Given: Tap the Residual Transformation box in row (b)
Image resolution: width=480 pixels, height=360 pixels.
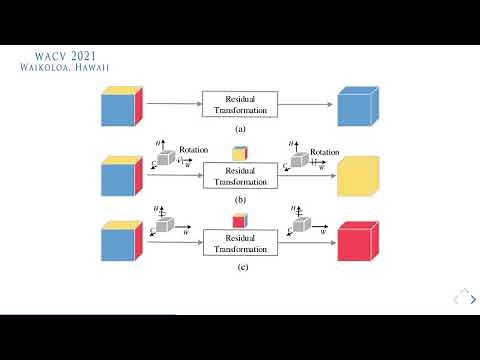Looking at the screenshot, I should tap(239, 176).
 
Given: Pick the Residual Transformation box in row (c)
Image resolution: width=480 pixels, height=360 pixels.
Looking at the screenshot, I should tap(239, 244).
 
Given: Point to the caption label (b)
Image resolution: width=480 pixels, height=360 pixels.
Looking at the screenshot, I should tap(239, 199).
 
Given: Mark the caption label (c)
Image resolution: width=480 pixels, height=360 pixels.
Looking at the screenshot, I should tap(239, 268).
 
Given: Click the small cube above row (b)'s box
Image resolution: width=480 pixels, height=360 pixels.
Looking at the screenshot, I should tap(239, 153).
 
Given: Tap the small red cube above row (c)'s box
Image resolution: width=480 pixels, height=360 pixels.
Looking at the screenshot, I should tap(239, 221).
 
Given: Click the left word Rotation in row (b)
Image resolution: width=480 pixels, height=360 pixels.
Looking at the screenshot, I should tap(194, 150).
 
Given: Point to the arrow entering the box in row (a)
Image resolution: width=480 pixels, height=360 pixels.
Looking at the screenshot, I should tap(175, 104).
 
